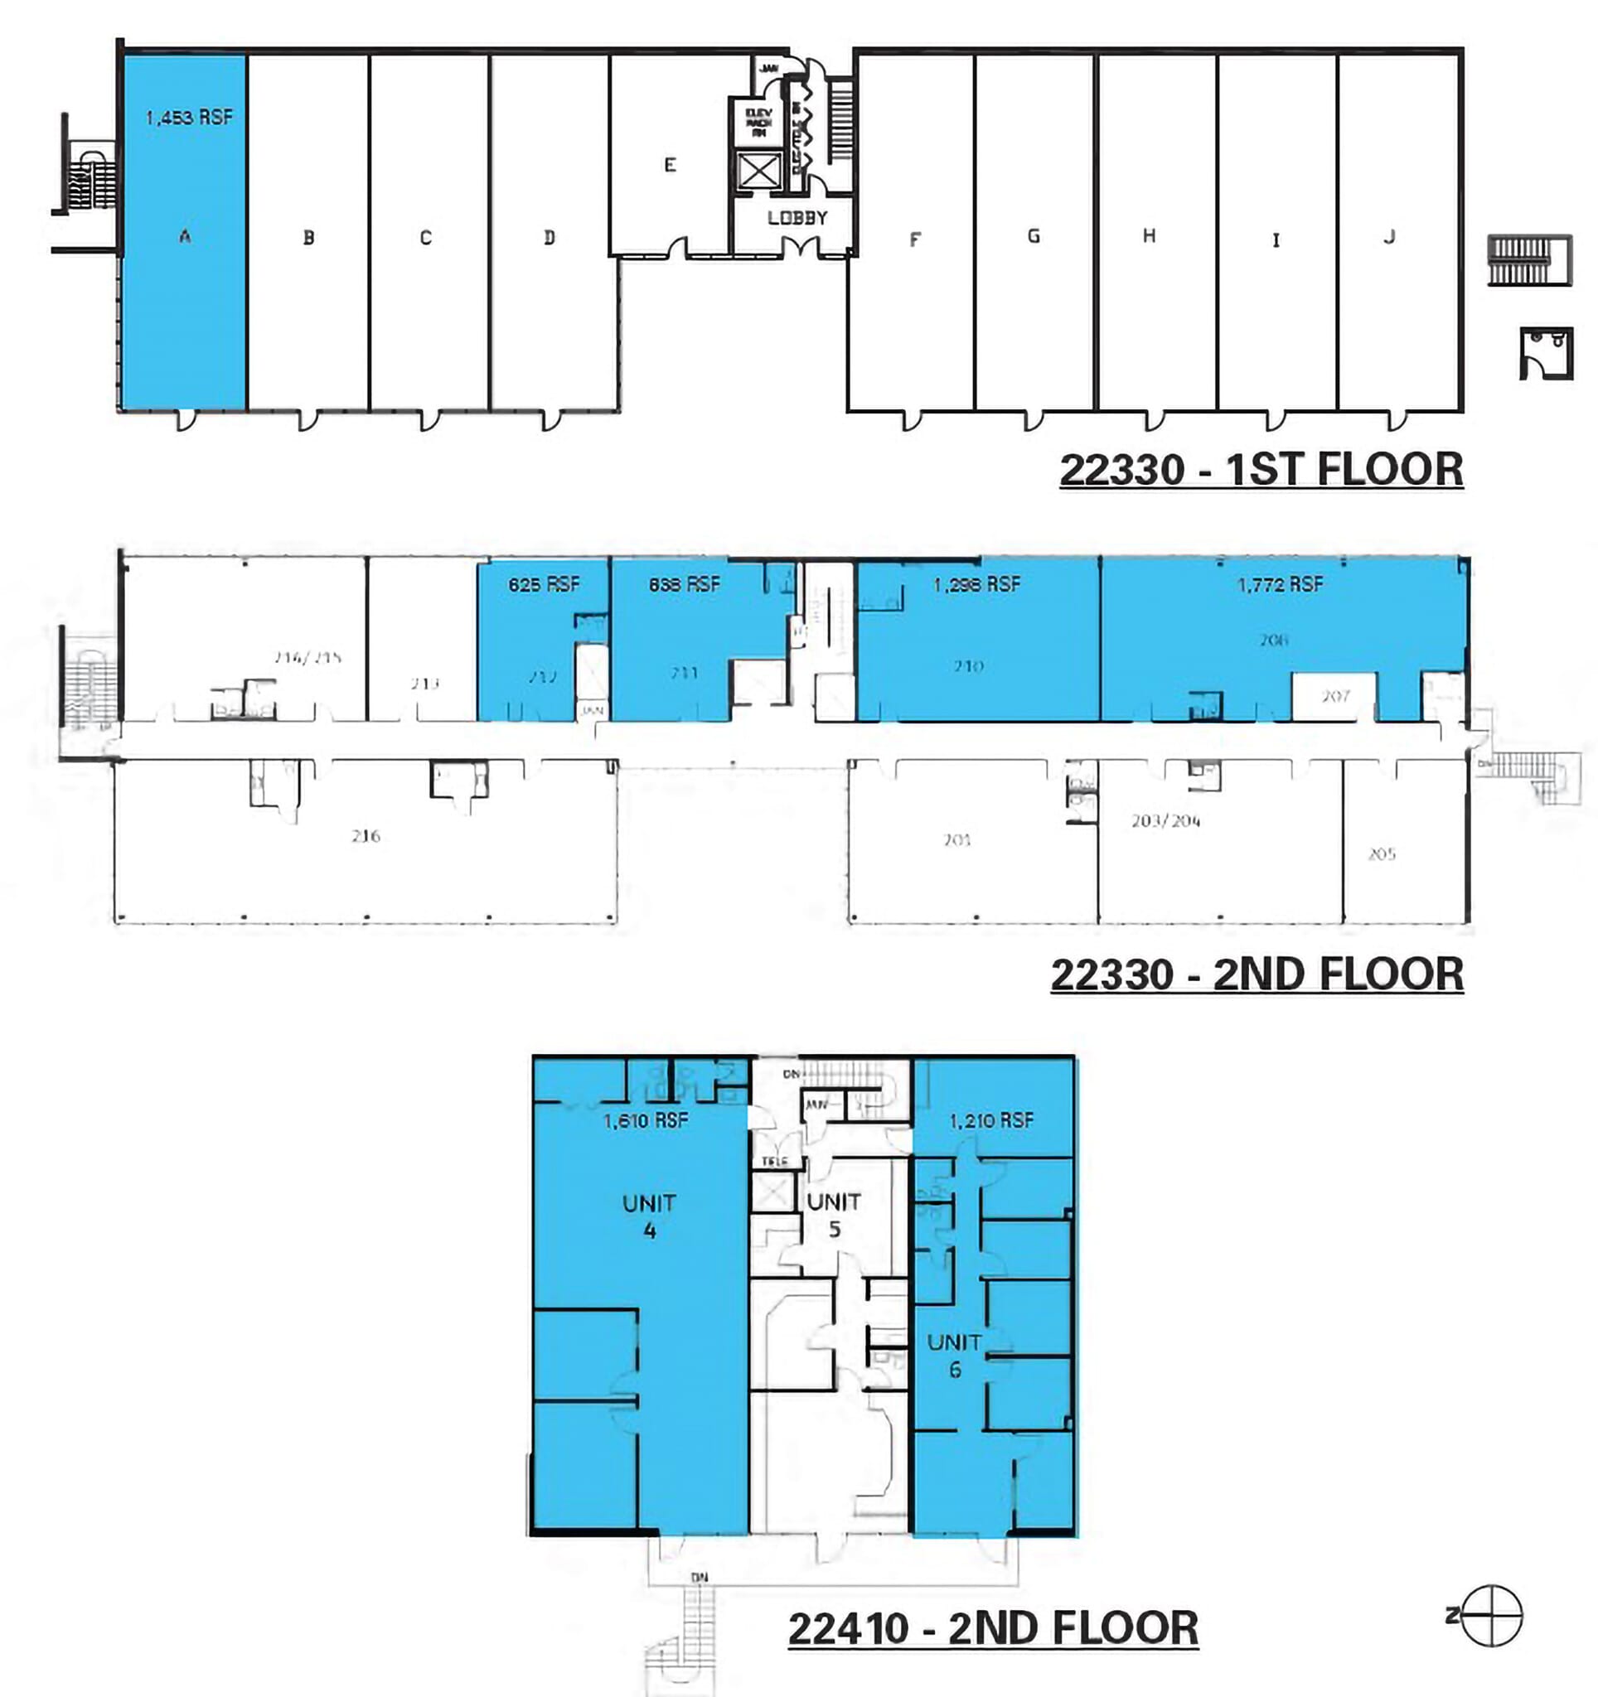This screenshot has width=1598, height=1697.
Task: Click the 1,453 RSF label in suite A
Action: pyautogui.click(x=189, y=117)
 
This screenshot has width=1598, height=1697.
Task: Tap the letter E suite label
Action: pyautogui.click(x=670, y=165)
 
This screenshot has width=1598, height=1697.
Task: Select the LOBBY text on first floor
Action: pyautogui.click(x=797, y=218)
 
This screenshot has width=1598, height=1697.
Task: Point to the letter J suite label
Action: pyautogui.click(x=1390, y=236)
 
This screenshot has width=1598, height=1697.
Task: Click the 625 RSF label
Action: pyautogui.click(x=544, y=584)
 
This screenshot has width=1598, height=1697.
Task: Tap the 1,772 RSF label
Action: pyautogui.click(x=1280, y=584)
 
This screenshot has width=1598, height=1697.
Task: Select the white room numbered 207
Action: pyautogui.click(x=1334, y=696)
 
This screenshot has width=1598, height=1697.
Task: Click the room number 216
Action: pyautogui.click(x=366, y=836)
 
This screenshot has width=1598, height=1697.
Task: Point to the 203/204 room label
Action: pyautogui.click(x=1166, y=820)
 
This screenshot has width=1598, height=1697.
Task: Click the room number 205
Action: pyautogui.click(x=1381, y=853)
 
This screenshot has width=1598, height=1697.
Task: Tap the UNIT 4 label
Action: pyautogui.click(x=649, y=1216)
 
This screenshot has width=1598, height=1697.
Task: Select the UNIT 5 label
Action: pyautogui.click(x=834, y=1216)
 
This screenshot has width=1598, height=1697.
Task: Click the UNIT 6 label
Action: pyautogui.click(x=954, y=1356)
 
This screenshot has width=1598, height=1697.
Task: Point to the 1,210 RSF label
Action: pyautogui.click(x=991, y=1120)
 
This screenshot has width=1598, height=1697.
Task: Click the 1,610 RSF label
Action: pyautogui.click(x=646, y=1120)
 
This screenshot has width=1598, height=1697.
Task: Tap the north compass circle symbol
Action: pyautogui.click(x=1491, y=1615)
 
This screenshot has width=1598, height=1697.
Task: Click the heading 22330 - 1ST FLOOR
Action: pyautogui.click(x=1261, y=470)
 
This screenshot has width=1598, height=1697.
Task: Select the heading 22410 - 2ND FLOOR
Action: pyautogui.click(x=993, y=1628)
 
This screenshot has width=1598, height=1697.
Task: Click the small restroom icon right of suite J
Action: pyautogui.click(x=1546, y=352)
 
